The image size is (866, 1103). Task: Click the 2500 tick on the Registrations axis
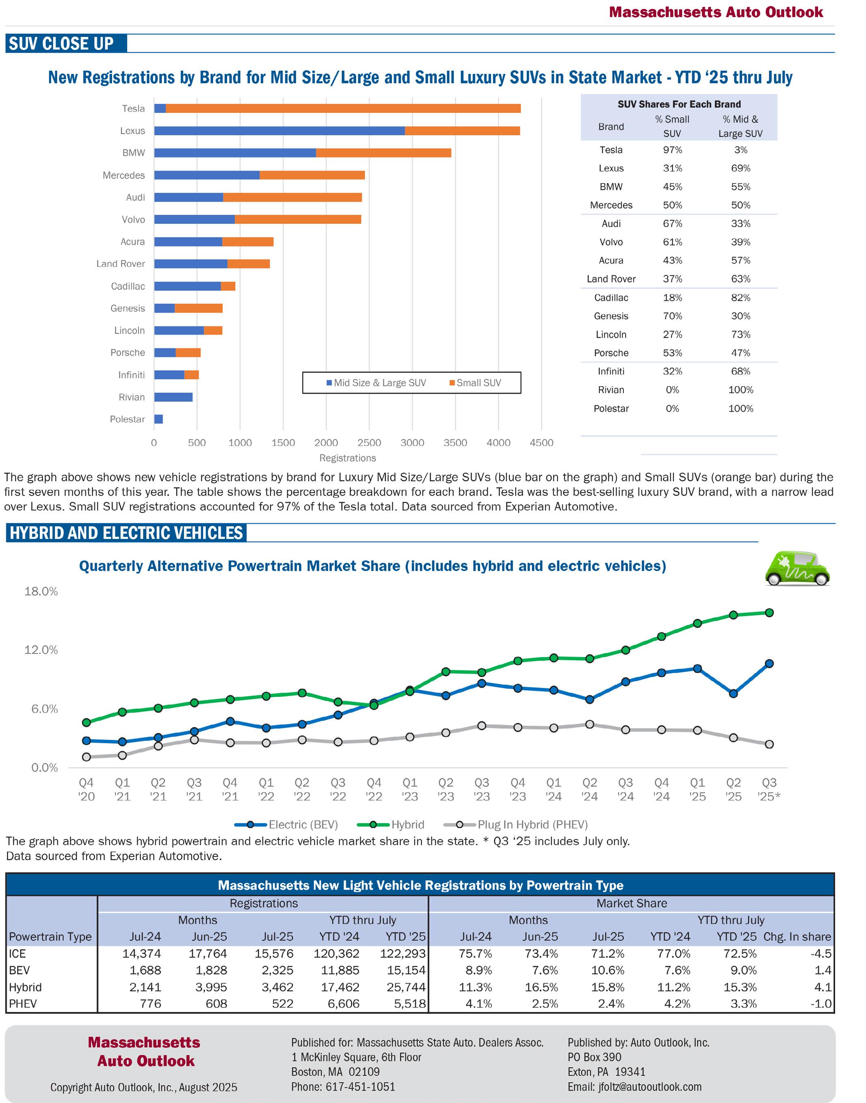369,443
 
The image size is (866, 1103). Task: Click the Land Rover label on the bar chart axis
121,264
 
